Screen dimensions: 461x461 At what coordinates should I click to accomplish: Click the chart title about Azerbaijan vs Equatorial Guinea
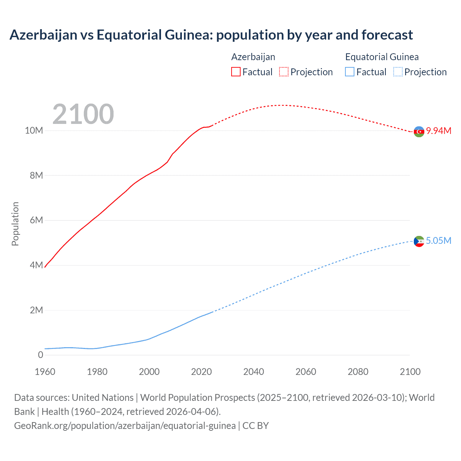(x=211, y=35)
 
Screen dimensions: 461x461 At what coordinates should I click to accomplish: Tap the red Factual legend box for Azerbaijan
(x=236, y=72)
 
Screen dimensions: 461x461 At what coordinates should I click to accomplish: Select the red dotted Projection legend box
(x=284, y=72)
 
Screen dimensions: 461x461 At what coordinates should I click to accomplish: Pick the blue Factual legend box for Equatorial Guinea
(x=350, y=72)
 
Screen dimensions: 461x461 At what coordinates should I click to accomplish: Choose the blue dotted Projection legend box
(x=398, y=72)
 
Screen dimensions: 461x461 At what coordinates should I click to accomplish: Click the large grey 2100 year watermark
(x=83, y=114)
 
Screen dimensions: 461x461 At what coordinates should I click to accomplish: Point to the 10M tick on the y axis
(x=34, y=130)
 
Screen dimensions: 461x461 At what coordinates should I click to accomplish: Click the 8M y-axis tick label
(x=36, y=175)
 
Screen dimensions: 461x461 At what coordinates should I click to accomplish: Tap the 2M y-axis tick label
(x=36, y=310)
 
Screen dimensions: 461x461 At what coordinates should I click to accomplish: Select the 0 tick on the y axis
(x=40, y=355)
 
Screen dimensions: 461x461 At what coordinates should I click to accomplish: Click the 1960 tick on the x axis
(x=45, y=372)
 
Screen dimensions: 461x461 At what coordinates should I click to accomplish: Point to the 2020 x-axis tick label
(x=201, y=372)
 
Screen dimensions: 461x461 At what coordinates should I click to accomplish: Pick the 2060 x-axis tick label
(x=306, y=372)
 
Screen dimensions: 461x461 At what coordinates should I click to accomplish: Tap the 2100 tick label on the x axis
(x=410, y=372)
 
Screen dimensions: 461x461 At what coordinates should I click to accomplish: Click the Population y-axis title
(x=15, y=224)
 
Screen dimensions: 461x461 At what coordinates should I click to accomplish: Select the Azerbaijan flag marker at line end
(x=419, y=132)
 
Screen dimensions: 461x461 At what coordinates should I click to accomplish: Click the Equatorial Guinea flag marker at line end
(x=419, y=241)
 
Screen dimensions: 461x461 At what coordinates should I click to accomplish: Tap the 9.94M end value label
(x=439, y=131)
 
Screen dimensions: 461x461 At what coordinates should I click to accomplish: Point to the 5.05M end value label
(x=439, y=241)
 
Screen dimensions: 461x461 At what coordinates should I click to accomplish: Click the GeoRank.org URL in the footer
(x=125, y=426)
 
